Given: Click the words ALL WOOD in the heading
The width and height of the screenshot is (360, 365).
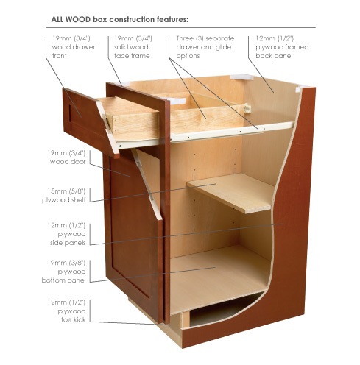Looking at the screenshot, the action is (71, 19).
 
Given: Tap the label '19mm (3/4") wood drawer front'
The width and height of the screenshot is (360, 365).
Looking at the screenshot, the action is (74, 47).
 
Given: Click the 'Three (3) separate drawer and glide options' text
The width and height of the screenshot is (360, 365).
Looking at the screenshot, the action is (205, 47).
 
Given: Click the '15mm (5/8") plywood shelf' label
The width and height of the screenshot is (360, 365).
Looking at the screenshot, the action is (64, 196).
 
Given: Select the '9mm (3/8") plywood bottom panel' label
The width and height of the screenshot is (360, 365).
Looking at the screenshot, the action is (64, 272).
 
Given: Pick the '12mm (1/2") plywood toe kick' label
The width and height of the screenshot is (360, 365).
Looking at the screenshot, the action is (66, 311).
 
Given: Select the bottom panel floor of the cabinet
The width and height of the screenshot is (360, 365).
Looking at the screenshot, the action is (219, 277).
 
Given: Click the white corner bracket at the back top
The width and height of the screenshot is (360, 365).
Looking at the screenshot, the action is (241, 77).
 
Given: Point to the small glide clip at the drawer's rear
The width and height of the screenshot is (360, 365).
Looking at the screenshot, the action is (247, 108).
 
